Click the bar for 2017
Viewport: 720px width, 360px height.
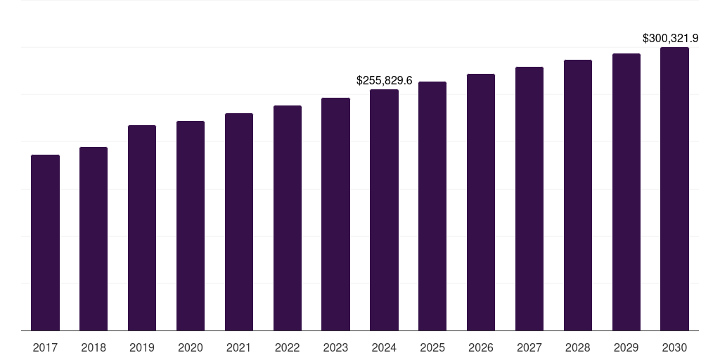(45, 243)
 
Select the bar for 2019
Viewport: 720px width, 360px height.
(142, 228)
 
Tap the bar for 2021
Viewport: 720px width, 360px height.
(239, 221)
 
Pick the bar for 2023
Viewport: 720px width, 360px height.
(335, 214)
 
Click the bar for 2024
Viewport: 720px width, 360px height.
(384, 210)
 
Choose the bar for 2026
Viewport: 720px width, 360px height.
(481, 202)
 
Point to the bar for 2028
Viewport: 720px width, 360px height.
(578, 195)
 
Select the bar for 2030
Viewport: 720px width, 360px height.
(674, 188)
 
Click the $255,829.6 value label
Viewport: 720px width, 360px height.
(384, 81)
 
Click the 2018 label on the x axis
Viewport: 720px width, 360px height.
(94, 347)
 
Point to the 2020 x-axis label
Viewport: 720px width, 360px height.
(191, 347)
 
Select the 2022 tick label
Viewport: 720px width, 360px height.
(287, 347)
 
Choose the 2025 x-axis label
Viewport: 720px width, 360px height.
(432, 347)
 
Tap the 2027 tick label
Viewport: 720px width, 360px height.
(529, 347)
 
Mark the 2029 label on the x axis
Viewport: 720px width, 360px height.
(626, 347)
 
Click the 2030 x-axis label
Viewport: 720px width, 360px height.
(674, 347)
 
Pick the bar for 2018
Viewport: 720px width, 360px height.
(94, 238)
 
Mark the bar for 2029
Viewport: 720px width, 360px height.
(626, 192)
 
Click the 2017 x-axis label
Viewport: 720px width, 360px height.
(45, 347)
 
